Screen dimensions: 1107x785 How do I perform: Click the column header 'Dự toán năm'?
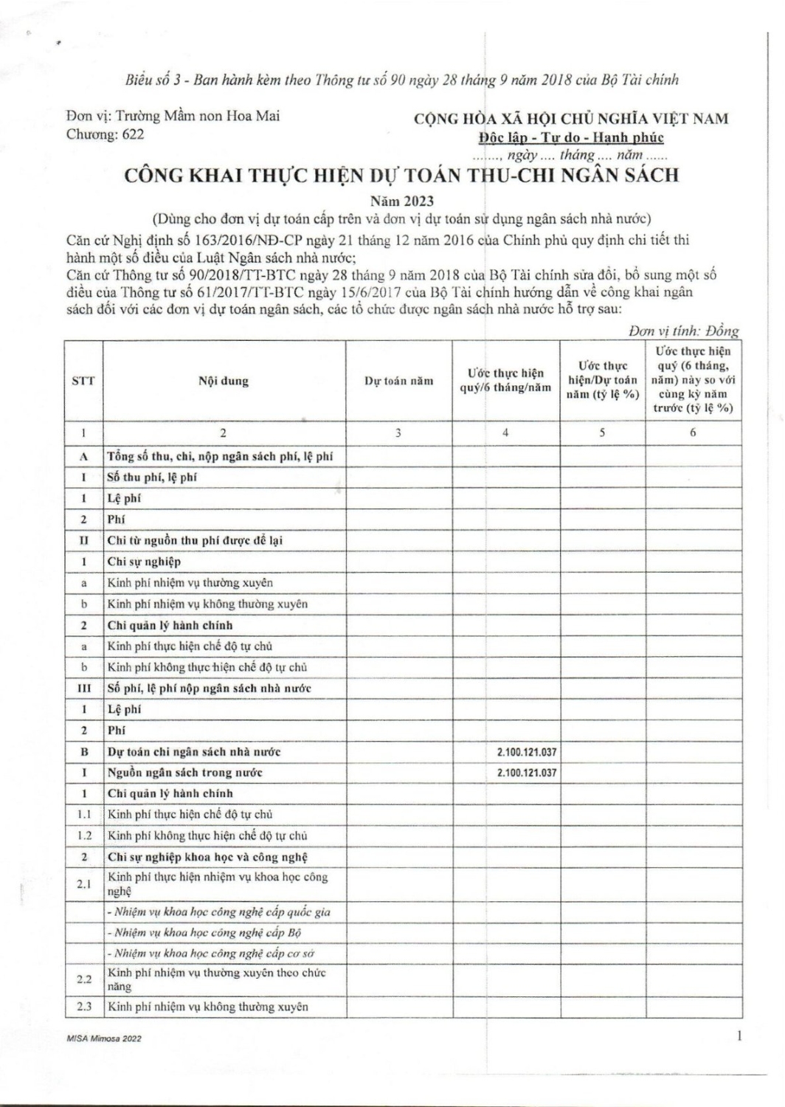click(x=398, y=382)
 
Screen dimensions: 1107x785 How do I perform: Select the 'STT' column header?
click(x=83, y=382)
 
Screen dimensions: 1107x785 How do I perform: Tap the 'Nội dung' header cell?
click(x=224, y=382)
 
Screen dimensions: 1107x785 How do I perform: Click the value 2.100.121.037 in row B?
click(x=527, y=752)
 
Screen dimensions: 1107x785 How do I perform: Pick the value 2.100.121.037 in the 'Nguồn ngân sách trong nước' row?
click(x=527, y=773)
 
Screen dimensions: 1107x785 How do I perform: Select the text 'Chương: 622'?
click(x=106, y=134)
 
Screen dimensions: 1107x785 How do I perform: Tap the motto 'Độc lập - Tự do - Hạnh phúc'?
click(x=570, y=137)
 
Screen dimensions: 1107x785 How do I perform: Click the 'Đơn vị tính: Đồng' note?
click(x=683, y=332)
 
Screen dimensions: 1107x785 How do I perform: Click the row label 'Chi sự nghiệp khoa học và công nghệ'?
click(x=207, y=857)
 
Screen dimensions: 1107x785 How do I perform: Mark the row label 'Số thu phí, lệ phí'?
click(x=152, y=477)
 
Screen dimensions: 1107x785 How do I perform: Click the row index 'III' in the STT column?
click(x=83, y=689)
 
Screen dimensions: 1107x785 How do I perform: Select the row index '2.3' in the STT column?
click(x=83, y=1007)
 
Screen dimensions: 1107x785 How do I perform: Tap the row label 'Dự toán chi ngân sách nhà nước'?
click(x=194, y=752)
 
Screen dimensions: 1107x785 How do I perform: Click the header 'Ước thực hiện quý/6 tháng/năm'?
click(x=505, y=382)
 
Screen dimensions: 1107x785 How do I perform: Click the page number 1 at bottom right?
click(x=739, y=1037)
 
